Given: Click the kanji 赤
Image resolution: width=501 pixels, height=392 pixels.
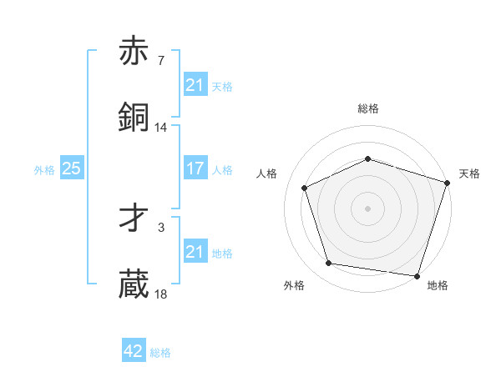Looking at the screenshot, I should [x=134, y=52].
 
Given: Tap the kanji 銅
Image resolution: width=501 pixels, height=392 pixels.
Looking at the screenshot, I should [x=134, y=118].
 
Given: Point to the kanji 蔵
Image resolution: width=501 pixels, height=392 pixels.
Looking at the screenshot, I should [x=134, y=284].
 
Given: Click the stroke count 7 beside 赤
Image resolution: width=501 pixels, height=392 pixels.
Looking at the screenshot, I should [x=161, y=61].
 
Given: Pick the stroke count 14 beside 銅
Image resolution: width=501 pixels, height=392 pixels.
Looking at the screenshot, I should [x=161, y=127].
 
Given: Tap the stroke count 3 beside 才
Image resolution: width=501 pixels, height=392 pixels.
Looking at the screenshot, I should [x=161, y=227].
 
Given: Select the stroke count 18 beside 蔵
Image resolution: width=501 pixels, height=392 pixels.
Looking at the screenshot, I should [x=161, y=294].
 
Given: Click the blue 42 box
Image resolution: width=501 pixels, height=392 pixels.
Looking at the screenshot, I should [x=134, y=352].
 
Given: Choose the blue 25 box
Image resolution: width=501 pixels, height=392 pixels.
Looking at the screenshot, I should [x=71, y=169].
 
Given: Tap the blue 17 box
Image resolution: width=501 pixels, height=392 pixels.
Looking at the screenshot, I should [x=195, y=169].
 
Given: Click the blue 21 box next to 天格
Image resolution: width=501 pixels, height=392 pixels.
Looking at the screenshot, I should [x=195, y=85].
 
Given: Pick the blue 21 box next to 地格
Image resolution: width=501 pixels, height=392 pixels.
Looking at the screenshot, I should [x=195, y=252].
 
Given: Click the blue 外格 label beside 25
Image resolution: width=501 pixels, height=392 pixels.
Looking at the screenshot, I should [x=44, y=170].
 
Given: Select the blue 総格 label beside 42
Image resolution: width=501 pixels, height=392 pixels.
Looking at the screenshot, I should [x=160, y=353].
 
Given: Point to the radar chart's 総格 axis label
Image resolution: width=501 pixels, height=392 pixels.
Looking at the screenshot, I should [x=368, y=108].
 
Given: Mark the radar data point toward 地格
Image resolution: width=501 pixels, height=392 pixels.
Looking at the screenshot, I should [x=417, y=275].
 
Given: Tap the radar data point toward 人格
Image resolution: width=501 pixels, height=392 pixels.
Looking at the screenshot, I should [x=306, y=188].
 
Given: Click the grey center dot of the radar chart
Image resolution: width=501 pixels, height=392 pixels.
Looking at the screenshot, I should [x=368, y=209].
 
